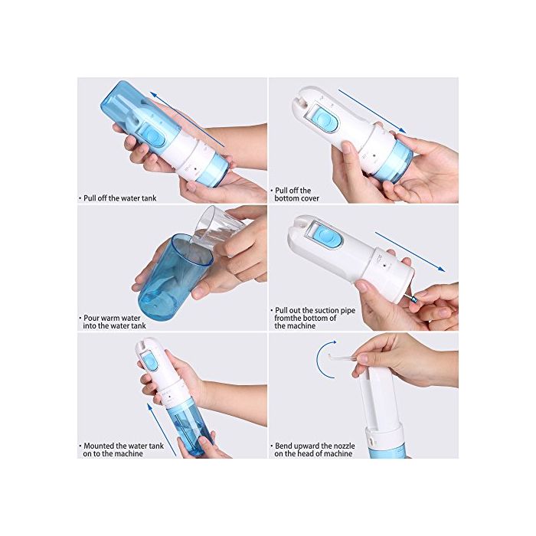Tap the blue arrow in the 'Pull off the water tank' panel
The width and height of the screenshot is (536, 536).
pos(187,119)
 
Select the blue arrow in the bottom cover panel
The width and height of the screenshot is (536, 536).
pos(372,111)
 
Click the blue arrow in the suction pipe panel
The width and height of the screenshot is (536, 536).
pos(410,252)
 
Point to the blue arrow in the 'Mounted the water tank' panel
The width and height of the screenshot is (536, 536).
pos(162,430)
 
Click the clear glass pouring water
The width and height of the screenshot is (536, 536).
pos(218,228)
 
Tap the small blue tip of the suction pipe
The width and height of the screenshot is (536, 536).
pos(414,300)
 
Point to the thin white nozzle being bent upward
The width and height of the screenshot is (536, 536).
pos(344,358)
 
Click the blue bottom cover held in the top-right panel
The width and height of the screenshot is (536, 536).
pos(393,162)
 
